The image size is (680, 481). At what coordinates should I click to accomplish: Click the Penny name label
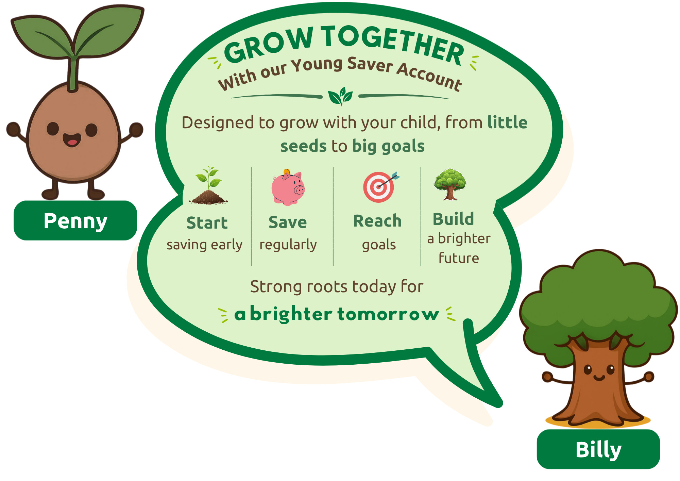pos(75,220)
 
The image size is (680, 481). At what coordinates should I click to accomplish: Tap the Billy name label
pos(598,449)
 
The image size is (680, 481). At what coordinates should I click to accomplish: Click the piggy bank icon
pos(288,187)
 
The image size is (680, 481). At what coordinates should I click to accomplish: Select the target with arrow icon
pos(381,187)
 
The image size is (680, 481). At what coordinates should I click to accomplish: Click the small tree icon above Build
pos(450,184)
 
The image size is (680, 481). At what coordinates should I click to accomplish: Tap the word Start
pos(207,223)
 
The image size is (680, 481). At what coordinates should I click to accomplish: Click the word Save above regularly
pos(288,222)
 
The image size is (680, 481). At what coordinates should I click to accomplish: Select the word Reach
pos(377,221)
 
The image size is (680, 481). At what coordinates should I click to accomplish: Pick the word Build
pos(453,219)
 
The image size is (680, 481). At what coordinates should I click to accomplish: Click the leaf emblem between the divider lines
pos(340,96)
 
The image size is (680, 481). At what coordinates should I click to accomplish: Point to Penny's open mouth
pos(72,139)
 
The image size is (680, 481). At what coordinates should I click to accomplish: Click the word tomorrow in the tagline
pos(388,314)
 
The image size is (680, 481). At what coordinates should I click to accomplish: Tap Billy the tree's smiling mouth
pos(599,377)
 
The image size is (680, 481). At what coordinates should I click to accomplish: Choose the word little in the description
pos(507,122)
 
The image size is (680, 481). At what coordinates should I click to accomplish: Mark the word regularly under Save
pos(288,245)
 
